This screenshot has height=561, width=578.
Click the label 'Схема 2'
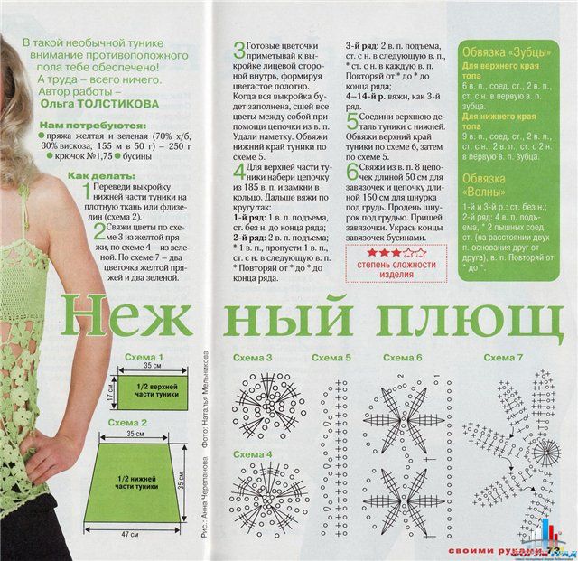[126, 422]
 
